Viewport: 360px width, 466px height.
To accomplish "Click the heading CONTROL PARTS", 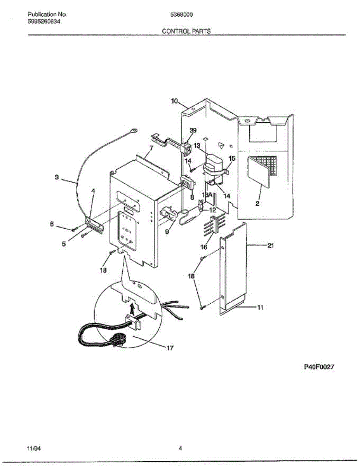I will click(186, 31).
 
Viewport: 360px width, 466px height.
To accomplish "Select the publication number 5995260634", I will click(44, 21).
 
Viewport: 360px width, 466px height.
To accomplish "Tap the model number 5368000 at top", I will click(182, 15).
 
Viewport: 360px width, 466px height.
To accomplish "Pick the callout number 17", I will click(170, 348).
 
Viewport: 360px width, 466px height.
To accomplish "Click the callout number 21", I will click(271, 245).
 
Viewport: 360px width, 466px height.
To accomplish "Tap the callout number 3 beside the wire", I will click(57, 177).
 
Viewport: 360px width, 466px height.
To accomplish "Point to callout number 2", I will click(257, 203).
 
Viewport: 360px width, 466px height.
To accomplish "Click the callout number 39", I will click(193, 130).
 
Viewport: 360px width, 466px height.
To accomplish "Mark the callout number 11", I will click(260, 308).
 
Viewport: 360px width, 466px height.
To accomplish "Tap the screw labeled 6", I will click(73, 229).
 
